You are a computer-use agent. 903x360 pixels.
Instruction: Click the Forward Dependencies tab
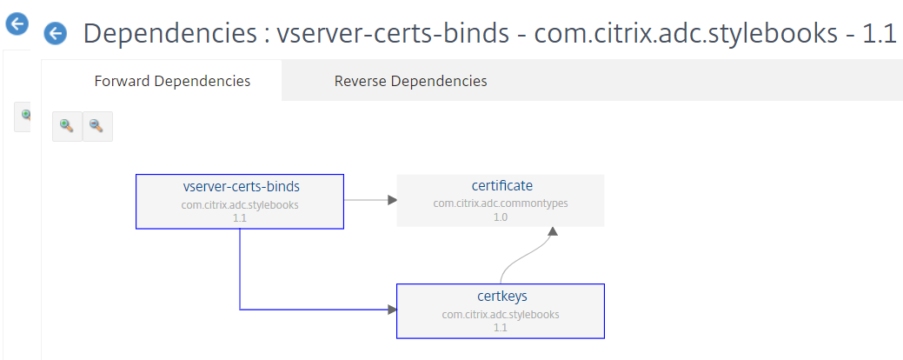pos(172,81)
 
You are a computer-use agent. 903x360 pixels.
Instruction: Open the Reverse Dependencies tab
pos(410,81)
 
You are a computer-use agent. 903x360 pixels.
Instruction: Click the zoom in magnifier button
pos(68,126)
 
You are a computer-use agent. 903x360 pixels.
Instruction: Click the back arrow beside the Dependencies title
pos(55,33)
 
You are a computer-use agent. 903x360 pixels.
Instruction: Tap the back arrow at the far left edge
pos(17,23)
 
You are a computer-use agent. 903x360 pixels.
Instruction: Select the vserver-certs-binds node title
pos(241,187)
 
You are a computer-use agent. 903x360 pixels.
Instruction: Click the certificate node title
pos(502,185)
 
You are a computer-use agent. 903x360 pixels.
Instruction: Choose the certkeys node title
pos(502,296)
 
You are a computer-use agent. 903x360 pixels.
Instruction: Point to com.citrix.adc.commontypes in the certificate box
pos(501,203)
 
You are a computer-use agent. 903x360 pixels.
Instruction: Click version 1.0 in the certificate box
pos(501,217)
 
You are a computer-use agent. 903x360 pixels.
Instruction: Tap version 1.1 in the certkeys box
pos(501,328)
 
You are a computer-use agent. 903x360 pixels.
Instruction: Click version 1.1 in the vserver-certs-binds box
pos(240,218)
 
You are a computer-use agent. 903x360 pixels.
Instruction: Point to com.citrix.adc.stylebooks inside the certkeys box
pos(501,315)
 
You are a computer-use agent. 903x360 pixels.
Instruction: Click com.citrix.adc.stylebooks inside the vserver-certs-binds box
pos(240,204)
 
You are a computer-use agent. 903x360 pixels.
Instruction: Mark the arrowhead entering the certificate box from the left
pos(393,200)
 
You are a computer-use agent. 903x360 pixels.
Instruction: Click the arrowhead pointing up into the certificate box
pos(553,231)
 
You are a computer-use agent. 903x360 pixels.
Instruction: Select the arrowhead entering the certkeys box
pos(393,310)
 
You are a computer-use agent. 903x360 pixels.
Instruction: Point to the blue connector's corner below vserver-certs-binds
pos(240,310)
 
